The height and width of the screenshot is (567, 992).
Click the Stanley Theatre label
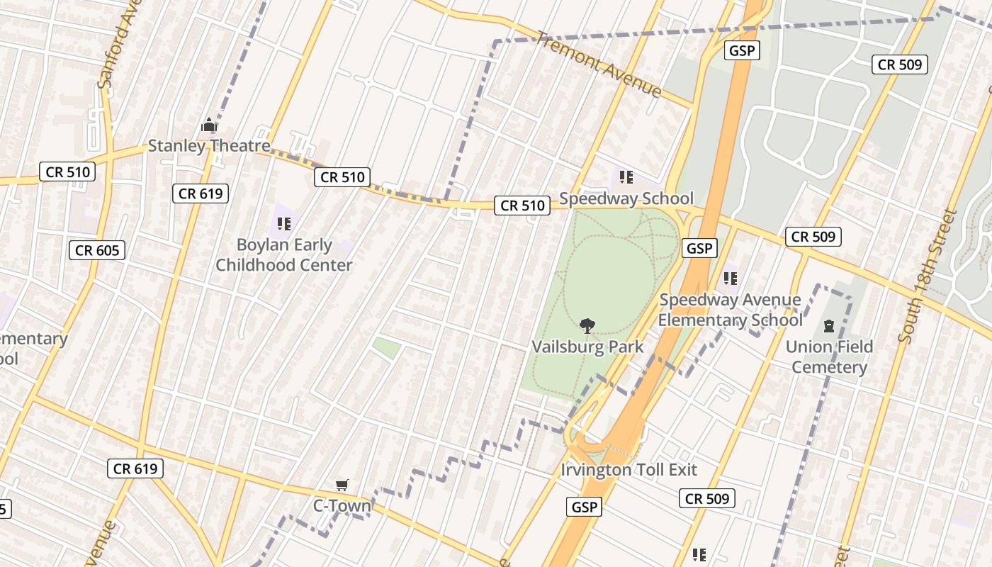pyautogui.click(x=209, y=147)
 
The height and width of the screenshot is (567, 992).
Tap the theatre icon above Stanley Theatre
pyautogui.click(x=209, y=125)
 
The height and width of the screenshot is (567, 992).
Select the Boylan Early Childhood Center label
pyautogui.click(x=284, y=255)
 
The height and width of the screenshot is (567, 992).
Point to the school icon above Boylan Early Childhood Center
pyautogui.click(x=284, y=224)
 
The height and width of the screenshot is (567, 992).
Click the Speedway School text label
pyautogui.click(x=626, y=198)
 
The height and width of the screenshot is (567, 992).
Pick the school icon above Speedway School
pyautogui.click(x=626, y=177)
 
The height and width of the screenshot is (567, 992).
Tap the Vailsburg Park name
pyautogui.click(x=588, y=347)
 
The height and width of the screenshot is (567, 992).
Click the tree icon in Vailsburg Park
pyautogui.click(x=587, y=326)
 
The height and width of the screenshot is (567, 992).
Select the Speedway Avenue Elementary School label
pyautogui.click(x=731, y=310)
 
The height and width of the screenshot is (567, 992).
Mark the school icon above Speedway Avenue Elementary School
pyautogui.click(x=731, y=279)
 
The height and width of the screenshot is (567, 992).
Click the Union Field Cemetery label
pyautogui.click(x=829, y=357)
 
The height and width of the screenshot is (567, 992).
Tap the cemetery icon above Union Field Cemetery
pyautogui.click(x=828, y=326)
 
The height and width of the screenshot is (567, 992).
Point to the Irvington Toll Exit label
pyautogui.click(x=629, y=470)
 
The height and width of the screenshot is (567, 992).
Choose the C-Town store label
pyautogui.click(x=342, y=505)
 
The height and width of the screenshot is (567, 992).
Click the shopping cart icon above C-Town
pyautogui.click(x=342, y=485)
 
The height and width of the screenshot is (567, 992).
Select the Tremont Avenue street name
pyautogui.click(x=599, y=64)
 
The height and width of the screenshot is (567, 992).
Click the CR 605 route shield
pyautogui.click(x=98, y=249)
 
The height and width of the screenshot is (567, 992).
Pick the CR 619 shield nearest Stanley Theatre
pyautogui.click(x=201, y=193)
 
